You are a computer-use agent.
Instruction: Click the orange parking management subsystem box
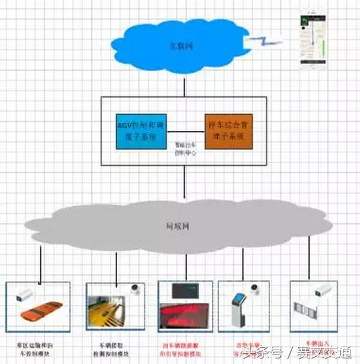tap(227, 132)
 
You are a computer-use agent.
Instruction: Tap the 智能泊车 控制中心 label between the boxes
tap(184, 149)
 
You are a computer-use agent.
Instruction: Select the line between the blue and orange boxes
tap(184, 132)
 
